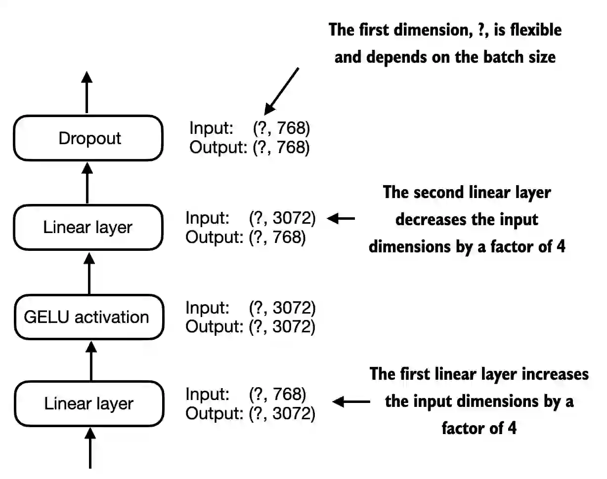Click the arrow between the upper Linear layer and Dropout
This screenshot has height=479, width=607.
tap(87, 183)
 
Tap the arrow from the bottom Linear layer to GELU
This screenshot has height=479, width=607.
tap(90, 361)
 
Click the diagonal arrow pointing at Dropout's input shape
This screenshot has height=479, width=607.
tap(282, 91)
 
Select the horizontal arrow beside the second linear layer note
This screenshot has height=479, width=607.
tap(342, 218)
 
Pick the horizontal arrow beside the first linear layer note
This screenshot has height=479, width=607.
tap(351, 402)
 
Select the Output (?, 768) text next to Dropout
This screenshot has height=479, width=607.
tap(249, 148)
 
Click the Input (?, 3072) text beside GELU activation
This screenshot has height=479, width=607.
tap(250, 308)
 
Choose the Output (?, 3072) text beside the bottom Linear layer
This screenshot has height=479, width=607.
tap(250, 413)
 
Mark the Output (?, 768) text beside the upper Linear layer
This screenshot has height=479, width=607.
tap(246, 238)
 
